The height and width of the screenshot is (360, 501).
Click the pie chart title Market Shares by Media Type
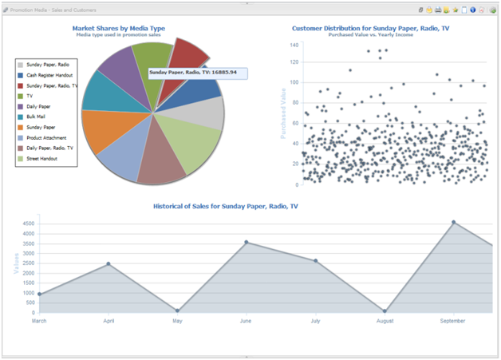pos(118,28)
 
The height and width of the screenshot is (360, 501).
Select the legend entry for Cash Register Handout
pos(50,74)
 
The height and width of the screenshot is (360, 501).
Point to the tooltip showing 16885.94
pos(196,73)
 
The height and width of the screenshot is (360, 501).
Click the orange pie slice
pos(104,130)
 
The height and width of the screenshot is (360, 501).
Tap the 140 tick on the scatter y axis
pos(294,45)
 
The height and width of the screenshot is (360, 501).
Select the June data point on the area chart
pos(247,242)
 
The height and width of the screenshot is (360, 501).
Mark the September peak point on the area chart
pos(454,223)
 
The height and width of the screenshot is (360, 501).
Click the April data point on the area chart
pos(108,263)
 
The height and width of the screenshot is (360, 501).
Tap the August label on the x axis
pos(384,321)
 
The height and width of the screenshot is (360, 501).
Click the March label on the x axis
pos(40,321)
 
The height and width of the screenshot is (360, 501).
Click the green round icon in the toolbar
pos(494,10)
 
